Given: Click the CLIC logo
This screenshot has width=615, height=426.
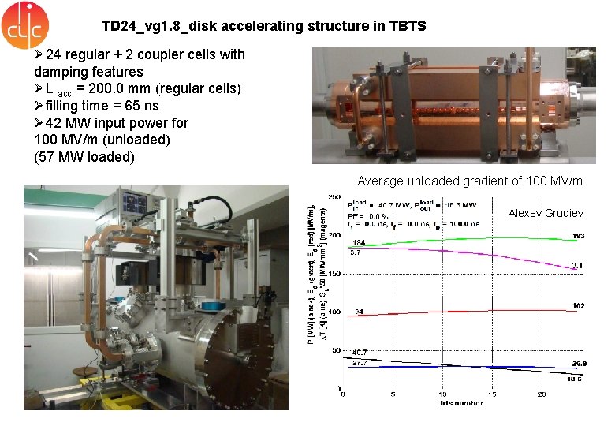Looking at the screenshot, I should pyautogui.click(x=25, y=26).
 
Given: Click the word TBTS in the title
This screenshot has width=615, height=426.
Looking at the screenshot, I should pyautogui.click(x=407, y=26).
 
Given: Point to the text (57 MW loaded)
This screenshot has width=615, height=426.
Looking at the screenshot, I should pyautogui.click(x=84, y=157).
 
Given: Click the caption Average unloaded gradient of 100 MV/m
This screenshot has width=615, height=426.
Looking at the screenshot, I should pyautogui.click(x=470, y=181).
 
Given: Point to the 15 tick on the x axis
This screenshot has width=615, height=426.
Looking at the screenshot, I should pyautogui.click(x=492, y=394).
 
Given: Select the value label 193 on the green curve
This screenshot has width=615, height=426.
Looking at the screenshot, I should pyautogui.click(x=579, y=236).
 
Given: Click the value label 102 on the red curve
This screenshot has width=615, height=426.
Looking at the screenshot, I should pyautogui.click(x=578, y=305).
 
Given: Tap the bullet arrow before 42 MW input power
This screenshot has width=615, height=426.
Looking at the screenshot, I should pyautogui.click(x=39, y=123).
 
